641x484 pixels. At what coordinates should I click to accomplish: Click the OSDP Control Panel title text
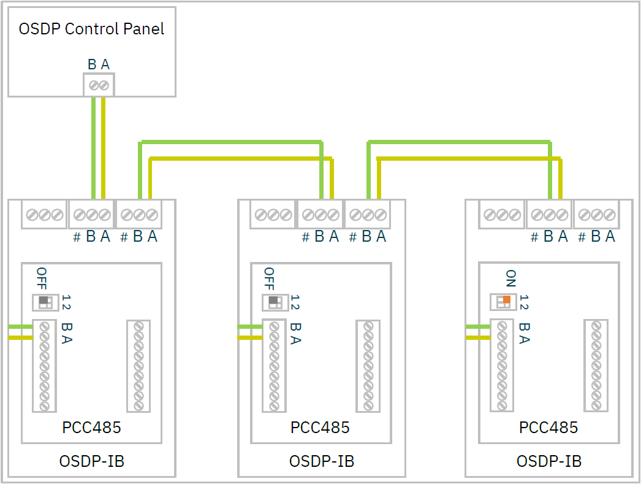tap(91, 29)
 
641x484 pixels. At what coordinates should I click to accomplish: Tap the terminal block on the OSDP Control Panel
tap(99, 85)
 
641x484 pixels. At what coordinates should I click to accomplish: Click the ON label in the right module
tap(511, 279)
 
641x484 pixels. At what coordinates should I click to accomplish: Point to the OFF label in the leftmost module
tap(42, 279)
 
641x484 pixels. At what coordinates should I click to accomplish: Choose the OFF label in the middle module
tap(269, 279)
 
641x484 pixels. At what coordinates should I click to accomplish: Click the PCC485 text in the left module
tap(91, 428)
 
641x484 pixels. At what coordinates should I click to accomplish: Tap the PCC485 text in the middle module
tap(320, 428)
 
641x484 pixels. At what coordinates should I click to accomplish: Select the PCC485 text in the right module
tap(548, 428)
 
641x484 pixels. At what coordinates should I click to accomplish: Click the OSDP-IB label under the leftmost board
tap(91, 461)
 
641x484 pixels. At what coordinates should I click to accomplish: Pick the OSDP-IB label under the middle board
tap(321, 461)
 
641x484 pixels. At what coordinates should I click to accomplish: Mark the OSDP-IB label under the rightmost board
tap(548, 461)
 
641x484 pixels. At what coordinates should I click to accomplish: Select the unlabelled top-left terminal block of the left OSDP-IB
tap(44, 215)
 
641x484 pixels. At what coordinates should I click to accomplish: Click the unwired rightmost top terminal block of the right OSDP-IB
tap(596, 215)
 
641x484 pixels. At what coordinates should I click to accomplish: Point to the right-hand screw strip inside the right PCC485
tap(596, 366)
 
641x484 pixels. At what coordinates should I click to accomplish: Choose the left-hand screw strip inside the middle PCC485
tap(274, 366)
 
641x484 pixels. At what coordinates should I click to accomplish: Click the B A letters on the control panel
tap(99, 64)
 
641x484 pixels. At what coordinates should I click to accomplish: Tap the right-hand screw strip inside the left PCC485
tap(138, 366)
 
